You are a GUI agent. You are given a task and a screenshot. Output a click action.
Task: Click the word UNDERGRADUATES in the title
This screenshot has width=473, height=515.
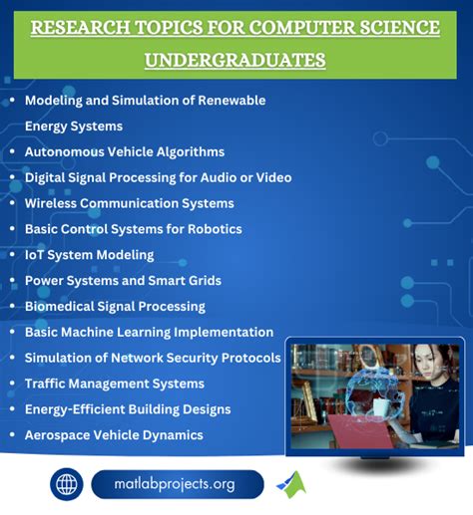tap(236, 61)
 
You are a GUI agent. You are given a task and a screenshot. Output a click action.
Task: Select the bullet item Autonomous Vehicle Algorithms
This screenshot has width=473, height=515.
tap(124, 151)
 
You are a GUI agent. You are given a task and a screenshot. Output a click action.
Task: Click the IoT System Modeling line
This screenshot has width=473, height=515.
tap(89, 255)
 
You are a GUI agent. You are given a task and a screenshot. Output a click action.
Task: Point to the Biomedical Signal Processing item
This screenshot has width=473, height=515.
tap(115, 306)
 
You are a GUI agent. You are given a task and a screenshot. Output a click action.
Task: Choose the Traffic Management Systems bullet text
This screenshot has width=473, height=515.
tap(114, 384)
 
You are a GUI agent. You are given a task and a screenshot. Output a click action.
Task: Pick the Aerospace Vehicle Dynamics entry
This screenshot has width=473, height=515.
tap(114, 435)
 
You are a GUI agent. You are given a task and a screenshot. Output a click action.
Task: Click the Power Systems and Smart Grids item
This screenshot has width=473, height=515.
tap(123, 281)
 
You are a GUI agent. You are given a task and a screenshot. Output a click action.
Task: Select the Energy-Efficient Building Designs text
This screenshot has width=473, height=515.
tap(128, 409)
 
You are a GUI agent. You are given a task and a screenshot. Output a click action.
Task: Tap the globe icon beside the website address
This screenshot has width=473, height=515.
tap(68, 485)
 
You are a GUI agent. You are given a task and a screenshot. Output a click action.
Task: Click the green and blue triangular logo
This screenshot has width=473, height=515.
tap(291, 484)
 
